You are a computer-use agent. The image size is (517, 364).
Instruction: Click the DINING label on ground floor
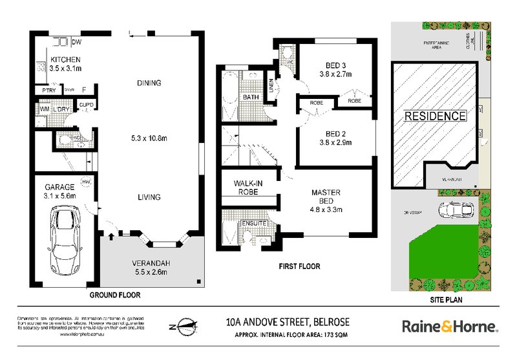click(149, 83)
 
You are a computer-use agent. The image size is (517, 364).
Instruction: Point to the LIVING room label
click(149, 197)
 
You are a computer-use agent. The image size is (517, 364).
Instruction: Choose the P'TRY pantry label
click(48, 91)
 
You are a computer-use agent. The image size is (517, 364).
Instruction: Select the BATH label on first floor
click(251, 98)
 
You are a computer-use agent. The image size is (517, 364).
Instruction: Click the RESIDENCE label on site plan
click(436, 116)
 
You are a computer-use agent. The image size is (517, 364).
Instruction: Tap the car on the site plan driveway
click(455, 211)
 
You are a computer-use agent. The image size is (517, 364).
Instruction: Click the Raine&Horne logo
click(450, 327)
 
